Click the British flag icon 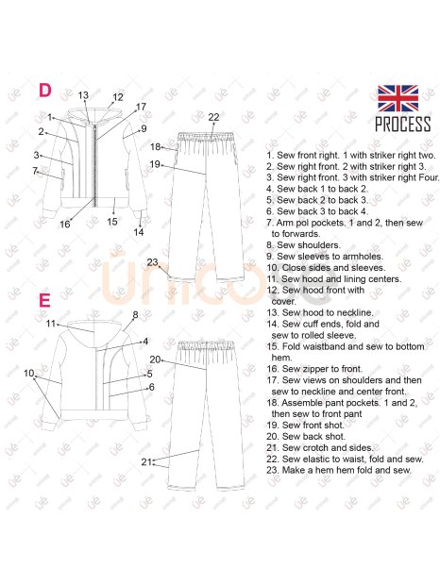point(398,98)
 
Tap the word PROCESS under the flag point(402,124)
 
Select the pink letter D point(45,91)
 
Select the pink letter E point(44,300)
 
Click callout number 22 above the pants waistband point(213,117)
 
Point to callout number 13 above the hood point(83,95)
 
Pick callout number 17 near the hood point(141,107)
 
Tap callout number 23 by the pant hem point(152,262)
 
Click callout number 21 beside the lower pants point(146,462)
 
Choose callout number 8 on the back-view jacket point(135,315)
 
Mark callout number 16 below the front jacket point(65,224)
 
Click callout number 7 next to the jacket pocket point(35,171)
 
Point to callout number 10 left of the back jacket point(28,373)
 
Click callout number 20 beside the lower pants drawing point(155,359)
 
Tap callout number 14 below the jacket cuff point(139,232)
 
